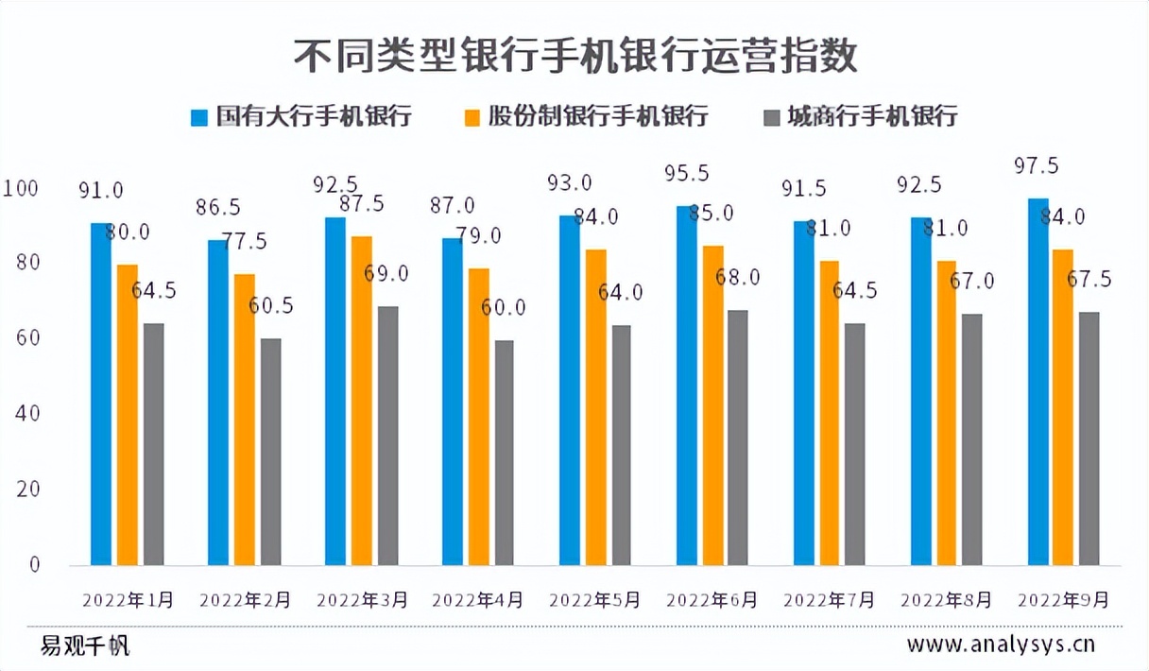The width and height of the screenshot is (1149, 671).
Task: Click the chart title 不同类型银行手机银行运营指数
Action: (574, 56)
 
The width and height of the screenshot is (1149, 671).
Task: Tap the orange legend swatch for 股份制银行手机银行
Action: (472, 117)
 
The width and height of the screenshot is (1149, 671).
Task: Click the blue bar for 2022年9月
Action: (1038, 382)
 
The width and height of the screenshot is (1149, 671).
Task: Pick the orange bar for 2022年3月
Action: (361, 401)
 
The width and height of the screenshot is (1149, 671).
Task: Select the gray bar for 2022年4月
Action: (505, 453)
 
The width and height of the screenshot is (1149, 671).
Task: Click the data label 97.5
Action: (1036, 166)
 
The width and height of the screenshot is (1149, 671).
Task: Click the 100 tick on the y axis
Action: (21, 189)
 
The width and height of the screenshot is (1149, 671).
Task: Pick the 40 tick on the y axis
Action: (26, 414)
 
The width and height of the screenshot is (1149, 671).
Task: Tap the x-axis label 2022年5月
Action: (595, 600)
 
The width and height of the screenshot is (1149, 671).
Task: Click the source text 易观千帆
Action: (85, 646)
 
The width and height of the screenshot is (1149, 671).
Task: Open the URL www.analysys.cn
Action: (1001, 645)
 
